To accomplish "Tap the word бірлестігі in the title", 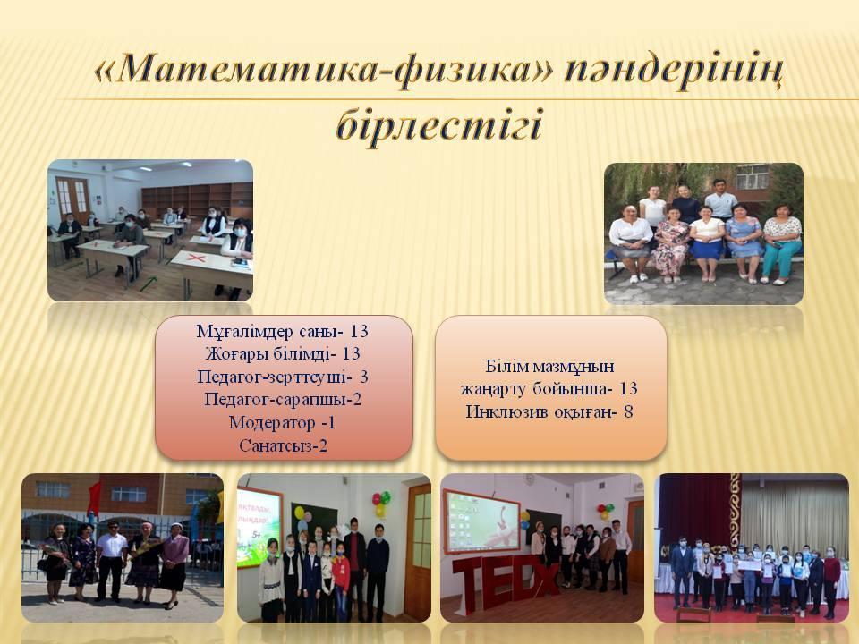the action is (x=438, y=124).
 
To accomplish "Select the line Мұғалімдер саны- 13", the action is (x=282, y=331).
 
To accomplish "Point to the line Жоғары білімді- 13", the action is (x=283, y=354).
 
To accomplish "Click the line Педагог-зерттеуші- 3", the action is (x=283, y=377).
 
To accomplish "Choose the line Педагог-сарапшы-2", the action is (x=283, y=400).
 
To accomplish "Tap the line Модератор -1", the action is (x=282, y=423).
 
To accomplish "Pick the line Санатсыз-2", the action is (x=284, y=445).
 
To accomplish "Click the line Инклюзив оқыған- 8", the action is (x=549, y=411).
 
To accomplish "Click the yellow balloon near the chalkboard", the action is (x=299, y=513).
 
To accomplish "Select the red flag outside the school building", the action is (x=94, y=498).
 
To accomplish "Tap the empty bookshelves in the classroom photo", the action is (x=197, y=199).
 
